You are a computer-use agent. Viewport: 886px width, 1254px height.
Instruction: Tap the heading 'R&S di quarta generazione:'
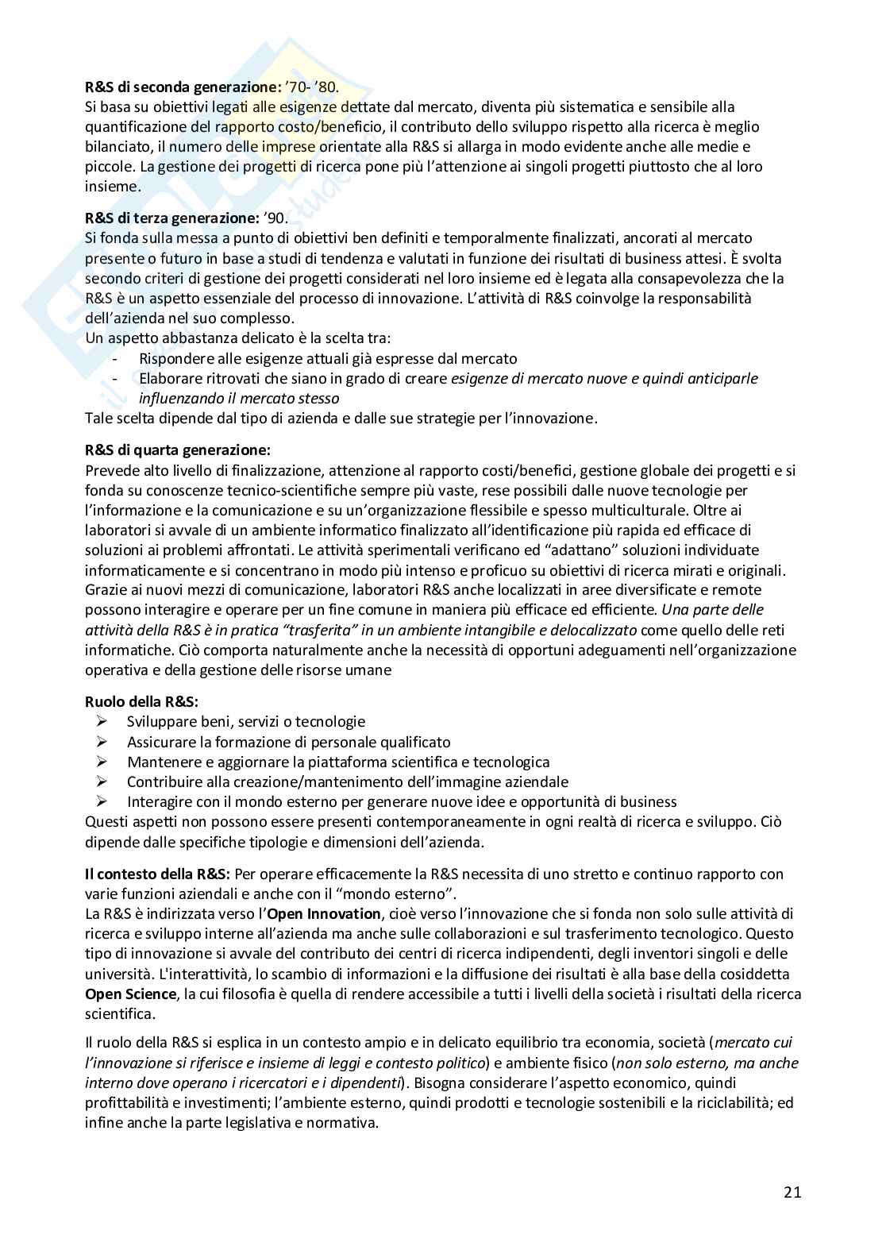[172, 450]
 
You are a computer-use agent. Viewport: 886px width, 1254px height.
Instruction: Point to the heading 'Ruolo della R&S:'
[141, 701]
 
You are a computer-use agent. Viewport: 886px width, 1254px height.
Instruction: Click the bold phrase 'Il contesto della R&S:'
[157, 874]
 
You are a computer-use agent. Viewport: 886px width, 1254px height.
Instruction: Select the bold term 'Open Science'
[131, 994]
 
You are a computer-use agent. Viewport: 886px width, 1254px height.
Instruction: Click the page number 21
[792, 1191]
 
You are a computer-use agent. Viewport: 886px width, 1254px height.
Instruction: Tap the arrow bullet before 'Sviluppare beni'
[102, 721]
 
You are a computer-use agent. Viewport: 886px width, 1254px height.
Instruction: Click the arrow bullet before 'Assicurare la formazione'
[102, 741]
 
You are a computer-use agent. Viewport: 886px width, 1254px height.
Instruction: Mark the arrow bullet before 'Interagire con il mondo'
[102, 801]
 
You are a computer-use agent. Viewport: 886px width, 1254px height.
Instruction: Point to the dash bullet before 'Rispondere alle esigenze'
[116, 358]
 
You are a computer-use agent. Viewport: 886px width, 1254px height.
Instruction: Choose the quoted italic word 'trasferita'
[297, 630]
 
